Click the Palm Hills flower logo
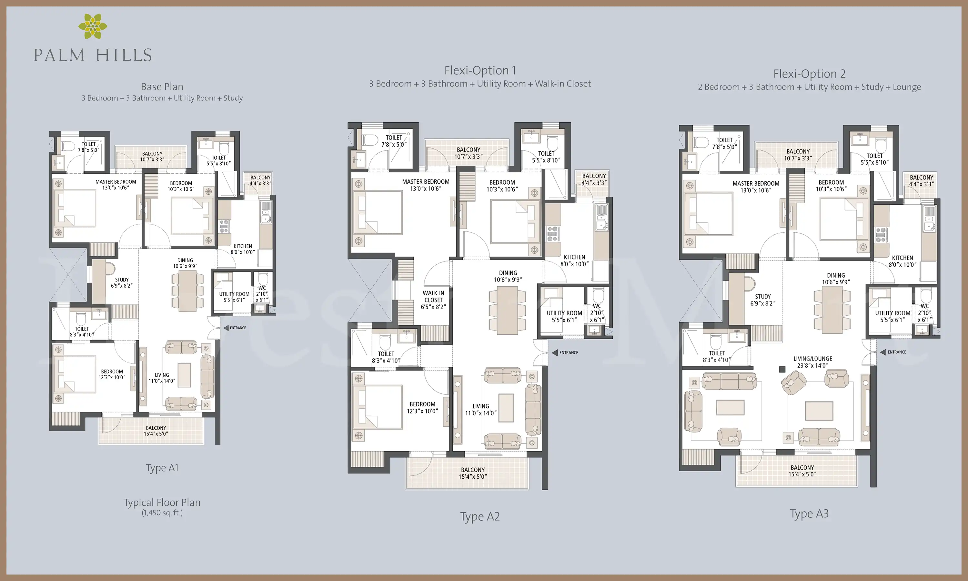tap(93, 26)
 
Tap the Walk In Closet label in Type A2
tap(434, 300)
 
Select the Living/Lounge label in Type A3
tap(813, 362)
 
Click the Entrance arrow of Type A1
tap(226, 328)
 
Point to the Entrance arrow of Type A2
tap(554, 353)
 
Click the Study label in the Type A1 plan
tap(122, 283)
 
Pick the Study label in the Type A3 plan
tap(762, 300)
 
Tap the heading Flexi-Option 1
tap(480, 70)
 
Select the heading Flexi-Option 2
tap(809, 74)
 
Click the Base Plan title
tap(162, 87)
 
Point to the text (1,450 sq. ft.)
tap(162, 513)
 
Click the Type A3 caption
tap(809, 514)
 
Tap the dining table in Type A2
tap(507, 311)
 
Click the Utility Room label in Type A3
tap(892, 316)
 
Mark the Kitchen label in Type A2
tap(574, 260)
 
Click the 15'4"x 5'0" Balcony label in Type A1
tap(156, 431)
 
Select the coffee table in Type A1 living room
tap(185, 375)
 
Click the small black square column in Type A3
tap(782, 369)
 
